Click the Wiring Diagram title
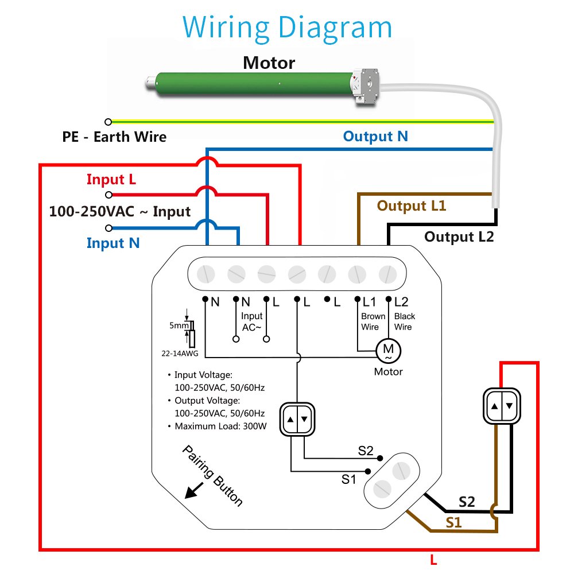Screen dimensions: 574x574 coord(287,27)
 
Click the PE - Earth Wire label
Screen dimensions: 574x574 coord(114,137)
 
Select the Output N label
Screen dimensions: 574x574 coord(375,136)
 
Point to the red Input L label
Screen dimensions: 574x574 coord(111,180)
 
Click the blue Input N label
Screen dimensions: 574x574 coord(113,243)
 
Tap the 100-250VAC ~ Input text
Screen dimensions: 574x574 coord(120,211)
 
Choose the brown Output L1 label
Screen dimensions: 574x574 coord(411,205)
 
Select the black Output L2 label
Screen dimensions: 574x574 coord(459,236)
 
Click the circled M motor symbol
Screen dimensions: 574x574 coord(388,348)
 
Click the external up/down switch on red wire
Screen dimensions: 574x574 coord(502,406)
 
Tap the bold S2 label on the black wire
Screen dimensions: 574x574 coord(467,502)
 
